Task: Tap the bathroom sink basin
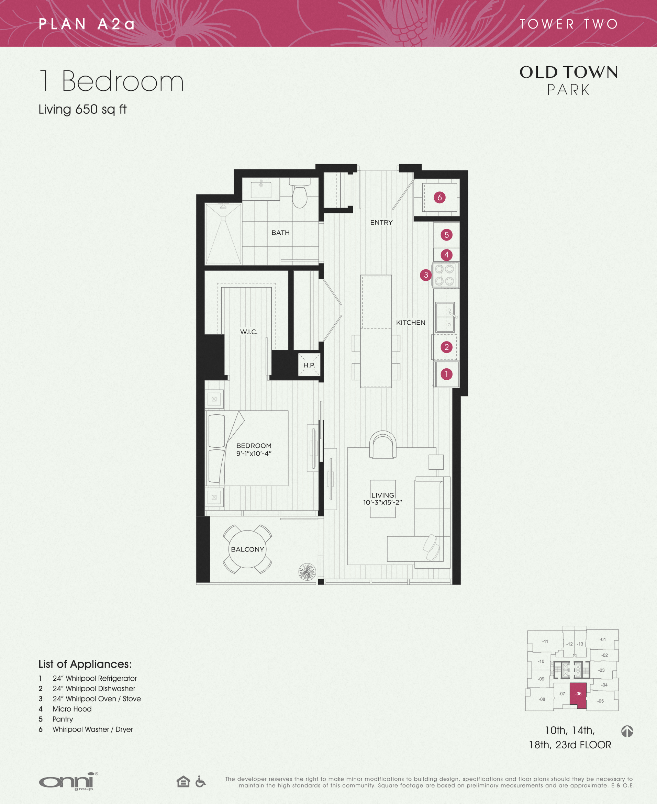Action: [x=261, y=189]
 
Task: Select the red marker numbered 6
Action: [x=439, y=197]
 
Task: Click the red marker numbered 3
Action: [x=426, y=275]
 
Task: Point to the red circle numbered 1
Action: [x=446, y=374]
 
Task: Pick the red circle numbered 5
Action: [x=446, y=235]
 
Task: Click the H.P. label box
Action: [x=309, y=365]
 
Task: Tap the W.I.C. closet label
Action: [x=249, y=332]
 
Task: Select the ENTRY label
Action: [x=381, y=222]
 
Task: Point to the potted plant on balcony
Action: [x=307, y=572]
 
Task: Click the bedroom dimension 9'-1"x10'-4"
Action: [x=254, y=453]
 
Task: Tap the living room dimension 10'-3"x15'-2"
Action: [x=382, y=502]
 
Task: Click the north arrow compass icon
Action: [x=627, y=731]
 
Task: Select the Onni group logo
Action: [x=68, y=781]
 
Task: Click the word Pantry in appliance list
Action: [x=63, y=719]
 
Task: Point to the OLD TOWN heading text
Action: [x=568, y=72]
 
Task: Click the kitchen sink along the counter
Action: [x=445, y=317]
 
